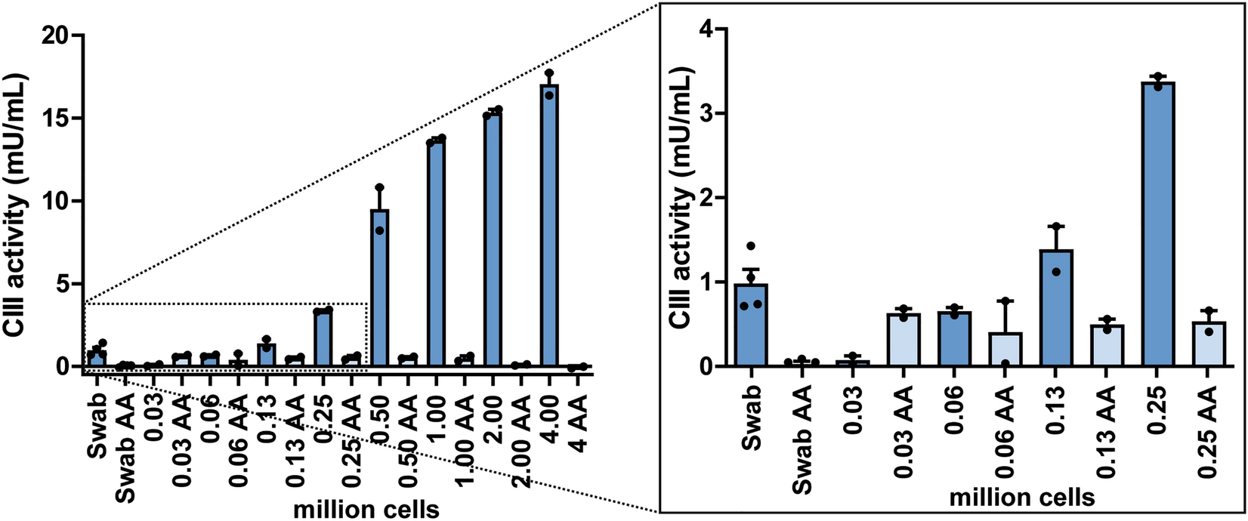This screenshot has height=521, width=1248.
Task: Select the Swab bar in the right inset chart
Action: [751, 325]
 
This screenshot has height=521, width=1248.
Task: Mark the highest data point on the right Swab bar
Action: [751, 246]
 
